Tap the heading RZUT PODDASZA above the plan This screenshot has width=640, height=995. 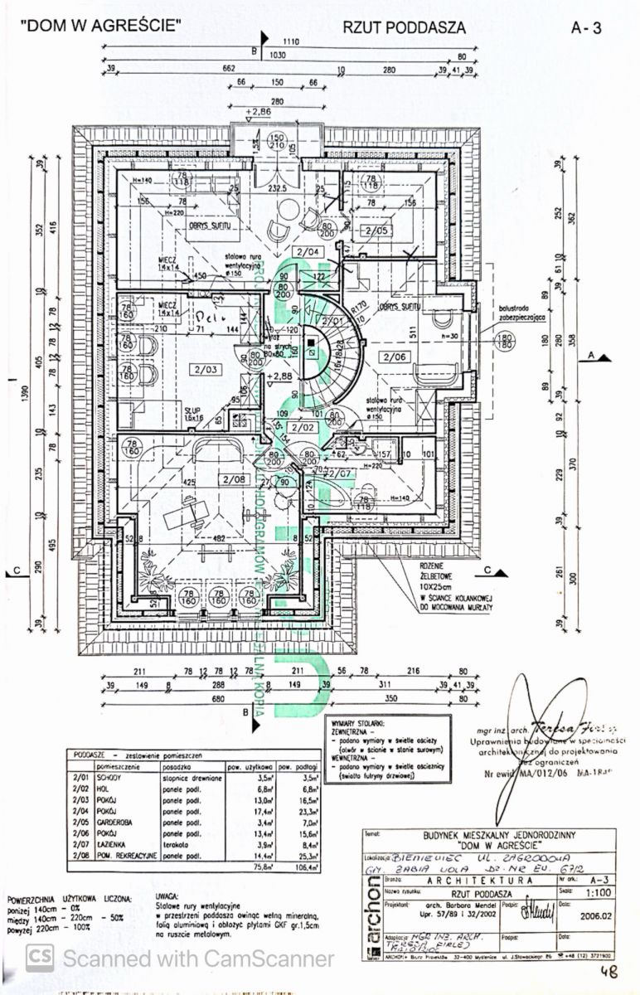click(404, 27)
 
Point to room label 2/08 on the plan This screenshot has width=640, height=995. click(235, 479)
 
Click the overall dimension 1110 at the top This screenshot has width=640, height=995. click(290, 41)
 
